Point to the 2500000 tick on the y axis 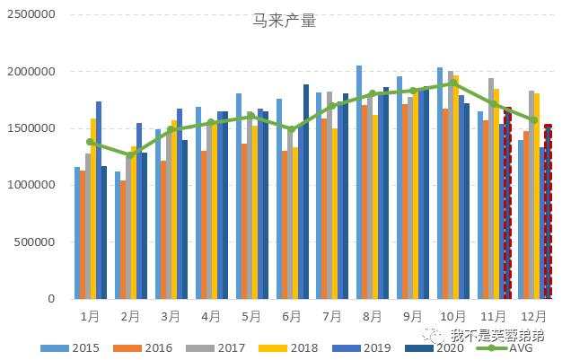point(31,14)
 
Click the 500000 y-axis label point(35,242)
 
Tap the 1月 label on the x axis point(90,316)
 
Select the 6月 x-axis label point(292,316)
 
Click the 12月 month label point(534,316)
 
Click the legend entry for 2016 point(151,347)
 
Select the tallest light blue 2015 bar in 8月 point(359,182)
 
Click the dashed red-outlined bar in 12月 point(548,212)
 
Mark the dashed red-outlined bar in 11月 point(507,203)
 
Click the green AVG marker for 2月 point(131,155)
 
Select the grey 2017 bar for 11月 point(491,189)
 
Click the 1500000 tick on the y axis point(31,128)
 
